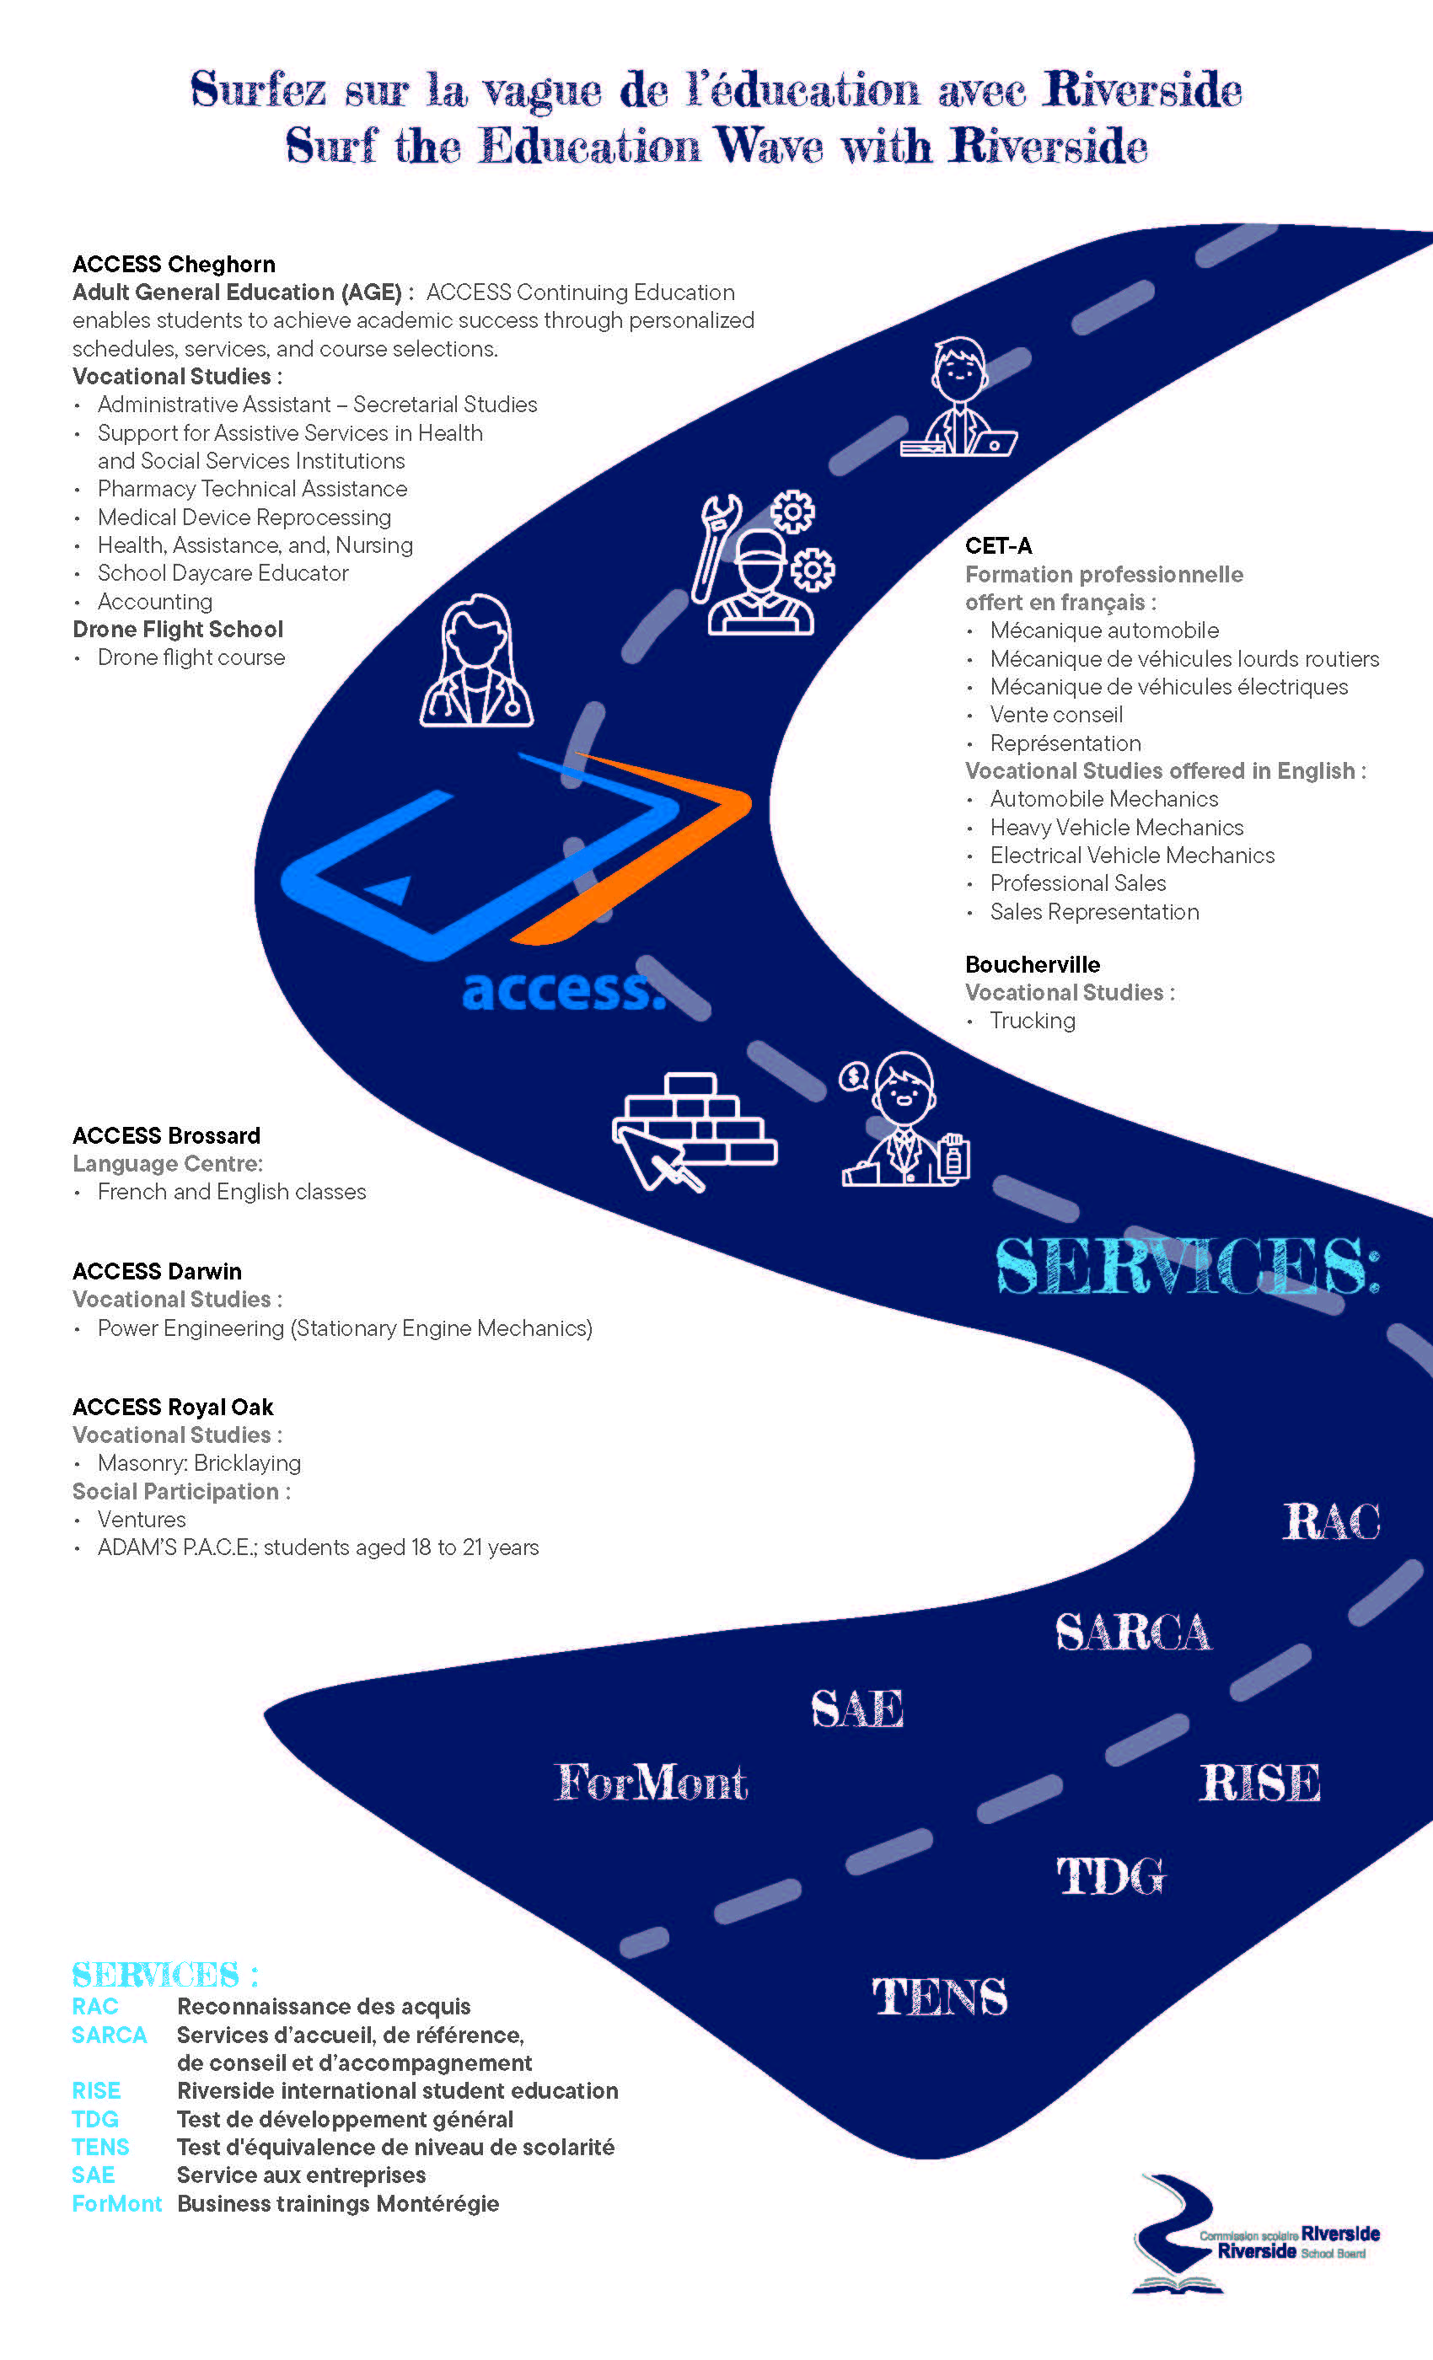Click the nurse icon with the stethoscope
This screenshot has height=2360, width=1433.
[476, 661]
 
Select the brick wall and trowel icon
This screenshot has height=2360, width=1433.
[694, 1130]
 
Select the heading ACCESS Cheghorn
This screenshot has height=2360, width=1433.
[174, 265]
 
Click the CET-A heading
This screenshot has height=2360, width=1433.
[998, 546]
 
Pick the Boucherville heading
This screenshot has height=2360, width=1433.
[1032, 964]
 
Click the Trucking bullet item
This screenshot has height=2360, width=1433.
[1032, 1021]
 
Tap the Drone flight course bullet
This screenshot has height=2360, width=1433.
[191, 658]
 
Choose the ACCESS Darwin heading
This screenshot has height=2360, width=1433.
[157, 1271]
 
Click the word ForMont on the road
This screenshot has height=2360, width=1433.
[651, 1783]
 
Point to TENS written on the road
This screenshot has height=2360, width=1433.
[939, 1997]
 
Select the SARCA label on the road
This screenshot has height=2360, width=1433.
[1132, 1632]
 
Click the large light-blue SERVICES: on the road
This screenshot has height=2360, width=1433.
[1187, 1266]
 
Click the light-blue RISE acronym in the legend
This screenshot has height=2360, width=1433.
[96, 2091]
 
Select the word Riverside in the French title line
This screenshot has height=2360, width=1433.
[1142, 90]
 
